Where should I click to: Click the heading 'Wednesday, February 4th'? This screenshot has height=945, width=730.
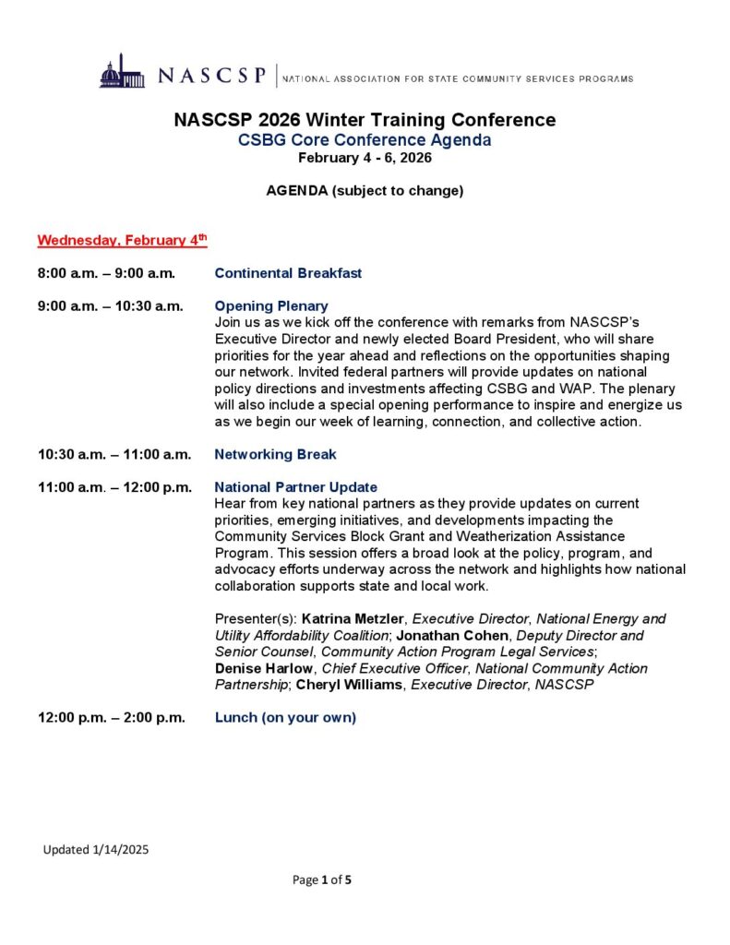122,241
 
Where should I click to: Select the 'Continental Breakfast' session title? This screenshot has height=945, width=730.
288,273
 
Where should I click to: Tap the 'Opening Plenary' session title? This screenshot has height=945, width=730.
271,305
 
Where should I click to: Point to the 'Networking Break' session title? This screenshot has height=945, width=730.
275,454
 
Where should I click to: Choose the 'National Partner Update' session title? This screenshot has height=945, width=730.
295,486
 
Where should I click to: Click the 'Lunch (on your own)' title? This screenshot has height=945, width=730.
285,717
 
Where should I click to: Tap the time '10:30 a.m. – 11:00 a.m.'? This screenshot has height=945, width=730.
114,454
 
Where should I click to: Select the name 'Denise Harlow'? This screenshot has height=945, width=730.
264,668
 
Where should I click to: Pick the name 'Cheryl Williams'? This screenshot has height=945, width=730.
351,685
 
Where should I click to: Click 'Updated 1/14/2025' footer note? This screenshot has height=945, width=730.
96,849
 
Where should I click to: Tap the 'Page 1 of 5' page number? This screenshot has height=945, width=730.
322,879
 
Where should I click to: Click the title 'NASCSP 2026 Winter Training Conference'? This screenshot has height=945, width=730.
365,120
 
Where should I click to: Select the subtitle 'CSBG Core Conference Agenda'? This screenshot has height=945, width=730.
365,140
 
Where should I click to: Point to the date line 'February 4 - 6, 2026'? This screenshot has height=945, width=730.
365,158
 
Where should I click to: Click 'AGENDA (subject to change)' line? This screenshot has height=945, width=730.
365,191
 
